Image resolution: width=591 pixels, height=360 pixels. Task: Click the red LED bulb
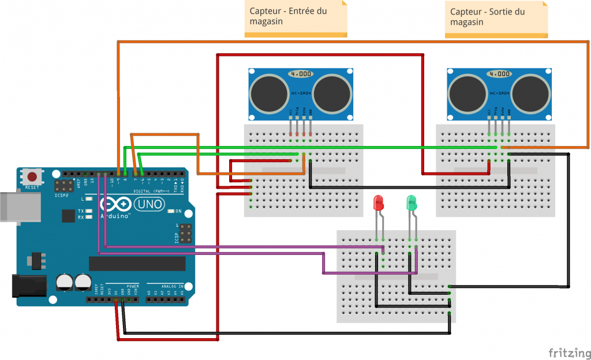(x=379, y=202)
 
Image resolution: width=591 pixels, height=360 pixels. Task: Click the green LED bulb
(x=412, y=202)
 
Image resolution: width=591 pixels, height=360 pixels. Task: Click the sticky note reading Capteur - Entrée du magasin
(x=296, y=19)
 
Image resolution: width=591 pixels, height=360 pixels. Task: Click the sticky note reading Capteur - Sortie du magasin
(x=496, y=19)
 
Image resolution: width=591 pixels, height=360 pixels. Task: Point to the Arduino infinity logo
(x=113, y=205)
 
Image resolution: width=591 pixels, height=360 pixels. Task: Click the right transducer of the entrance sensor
(x=332, y=92)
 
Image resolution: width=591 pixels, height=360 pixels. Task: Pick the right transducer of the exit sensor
(x=531, y=92)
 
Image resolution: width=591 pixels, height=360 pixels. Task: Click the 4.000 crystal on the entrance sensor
(x=301, y=74)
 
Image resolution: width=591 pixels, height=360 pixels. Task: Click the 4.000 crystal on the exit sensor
(x=499, y=74)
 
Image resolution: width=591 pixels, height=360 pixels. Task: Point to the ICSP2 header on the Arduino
(x=61, y=187)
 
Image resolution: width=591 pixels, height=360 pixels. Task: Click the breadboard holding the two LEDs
(x=396, y=276)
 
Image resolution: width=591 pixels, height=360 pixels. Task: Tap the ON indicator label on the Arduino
(x=178, y=211)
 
